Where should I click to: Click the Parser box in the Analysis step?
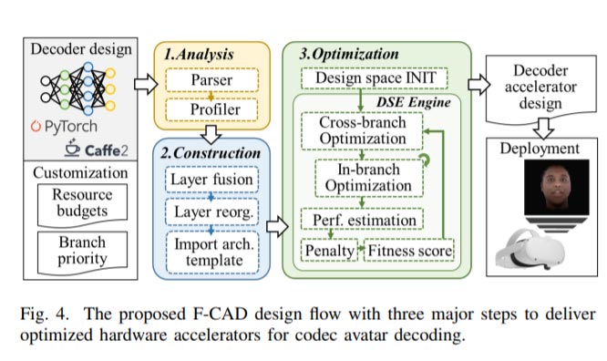(211, 80)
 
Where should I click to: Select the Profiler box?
(211, 109)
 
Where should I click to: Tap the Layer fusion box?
(211, 180)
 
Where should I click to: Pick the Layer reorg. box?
(211, 211)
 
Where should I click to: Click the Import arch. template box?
(212, 253)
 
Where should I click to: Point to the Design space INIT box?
(375, 77)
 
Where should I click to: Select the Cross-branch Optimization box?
(362, 131)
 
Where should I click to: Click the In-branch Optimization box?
(369, 178)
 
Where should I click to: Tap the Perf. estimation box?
(362, 220)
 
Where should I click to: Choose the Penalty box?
(329, 250)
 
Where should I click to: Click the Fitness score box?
(409, 250)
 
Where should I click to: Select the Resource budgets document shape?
(82, 204)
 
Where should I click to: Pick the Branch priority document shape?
(82, 252)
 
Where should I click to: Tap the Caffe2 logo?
(96, 150)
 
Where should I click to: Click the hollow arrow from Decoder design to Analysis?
(146, 84)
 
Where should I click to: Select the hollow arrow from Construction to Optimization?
(277, 227)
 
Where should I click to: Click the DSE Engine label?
(414, 102)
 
